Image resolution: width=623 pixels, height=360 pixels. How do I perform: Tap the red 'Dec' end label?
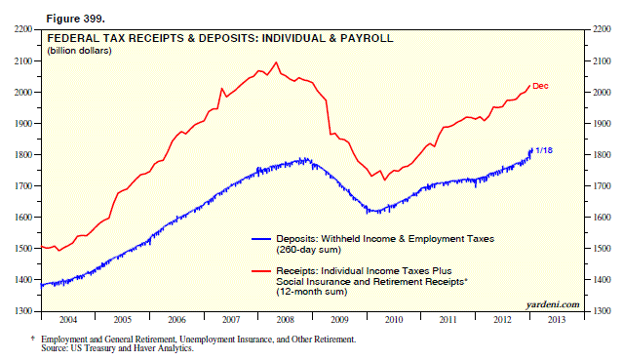tap(540, 86)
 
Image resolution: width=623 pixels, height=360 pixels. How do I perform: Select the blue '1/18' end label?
tap(544, 149)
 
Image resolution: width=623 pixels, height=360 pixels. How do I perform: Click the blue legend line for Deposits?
tap(273, 238)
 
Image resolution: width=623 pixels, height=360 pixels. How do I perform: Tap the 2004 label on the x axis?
tap(67, 318)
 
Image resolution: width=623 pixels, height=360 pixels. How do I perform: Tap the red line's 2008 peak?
tap(276, 62)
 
